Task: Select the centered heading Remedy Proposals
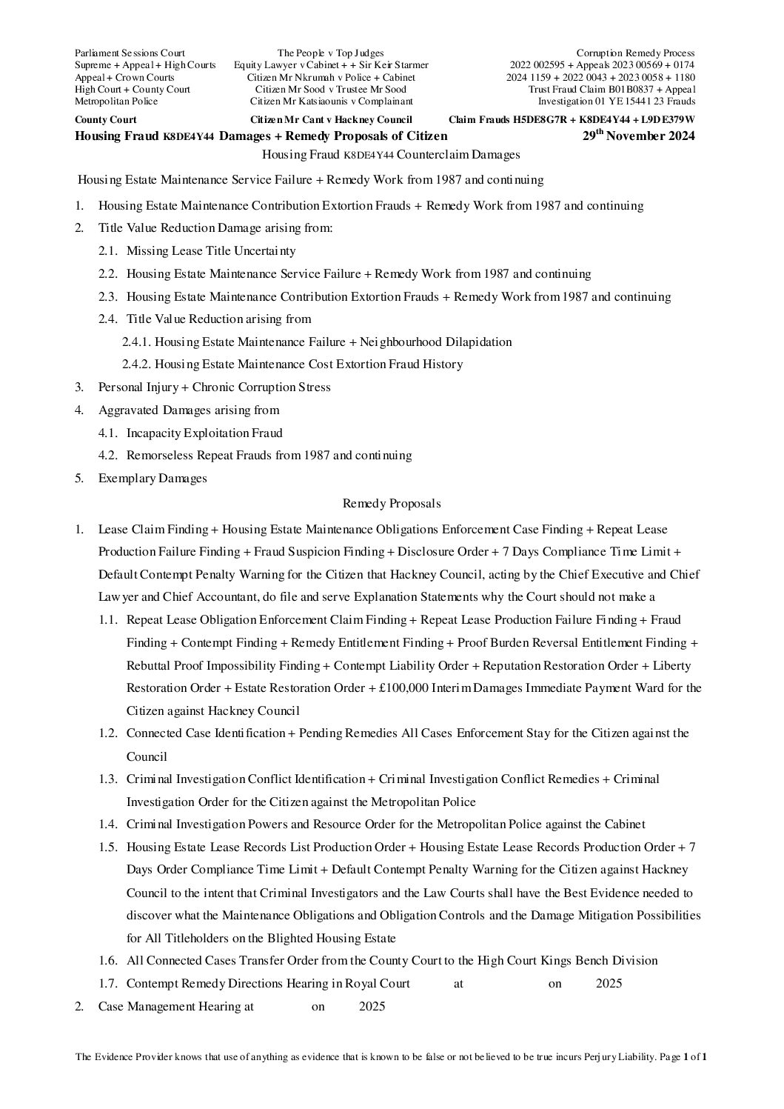(392, 504)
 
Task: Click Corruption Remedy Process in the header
(635, 53)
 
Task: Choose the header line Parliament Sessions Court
(130, 53)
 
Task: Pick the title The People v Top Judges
(330, 53)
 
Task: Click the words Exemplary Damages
(153, 478)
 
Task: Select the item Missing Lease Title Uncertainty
(211, 251)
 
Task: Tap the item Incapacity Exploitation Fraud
(204, 433)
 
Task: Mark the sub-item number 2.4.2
(137, 364)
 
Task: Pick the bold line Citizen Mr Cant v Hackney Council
(331, 120)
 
